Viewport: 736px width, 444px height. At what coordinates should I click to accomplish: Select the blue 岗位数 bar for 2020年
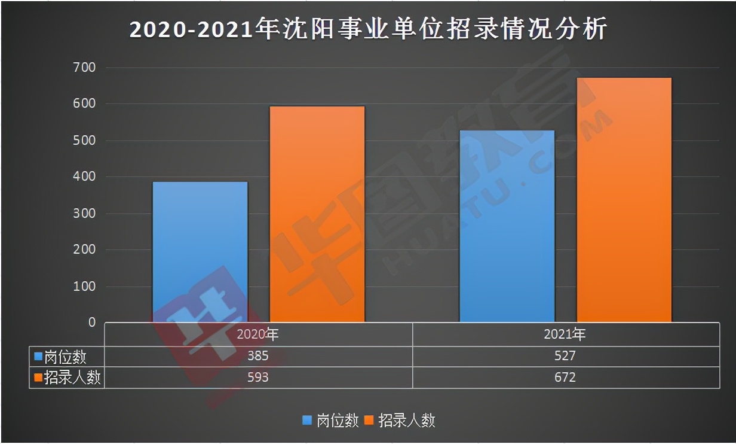point(200,252)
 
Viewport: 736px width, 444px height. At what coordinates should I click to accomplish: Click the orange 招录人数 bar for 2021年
point(624,200)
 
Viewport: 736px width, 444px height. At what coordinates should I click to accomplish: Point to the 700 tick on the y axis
point(84,68)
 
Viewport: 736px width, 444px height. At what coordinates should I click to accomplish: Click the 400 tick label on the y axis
point(84,177)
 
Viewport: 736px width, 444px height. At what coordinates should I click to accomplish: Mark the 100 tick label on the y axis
point(84,287)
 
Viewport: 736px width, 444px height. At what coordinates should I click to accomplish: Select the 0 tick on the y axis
point(91,323)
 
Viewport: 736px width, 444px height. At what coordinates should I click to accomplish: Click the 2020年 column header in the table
point(258,334)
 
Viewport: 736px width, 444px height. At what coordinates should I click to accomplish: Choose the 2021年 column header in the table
point(565,334)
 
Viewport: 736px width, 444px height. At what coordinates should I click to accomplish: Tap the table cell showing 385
point(258,357)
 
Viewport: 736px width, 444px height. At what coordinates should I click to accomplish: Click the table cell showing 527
point(565,357)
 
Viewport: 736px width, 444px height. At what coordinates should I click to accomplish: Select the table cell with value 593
point(258,378)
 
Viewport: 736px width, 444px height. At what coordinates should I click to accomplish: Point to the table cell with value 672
point(565,378)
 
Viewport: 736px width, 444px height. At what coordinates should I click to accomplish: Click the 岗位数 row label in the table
point(66,357)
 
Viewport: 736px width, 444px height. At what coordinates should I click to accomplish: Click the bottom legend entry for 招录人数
point(400,421)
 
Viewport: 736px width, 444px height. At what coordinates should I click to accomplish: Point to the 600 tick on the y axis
point(84,104)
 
